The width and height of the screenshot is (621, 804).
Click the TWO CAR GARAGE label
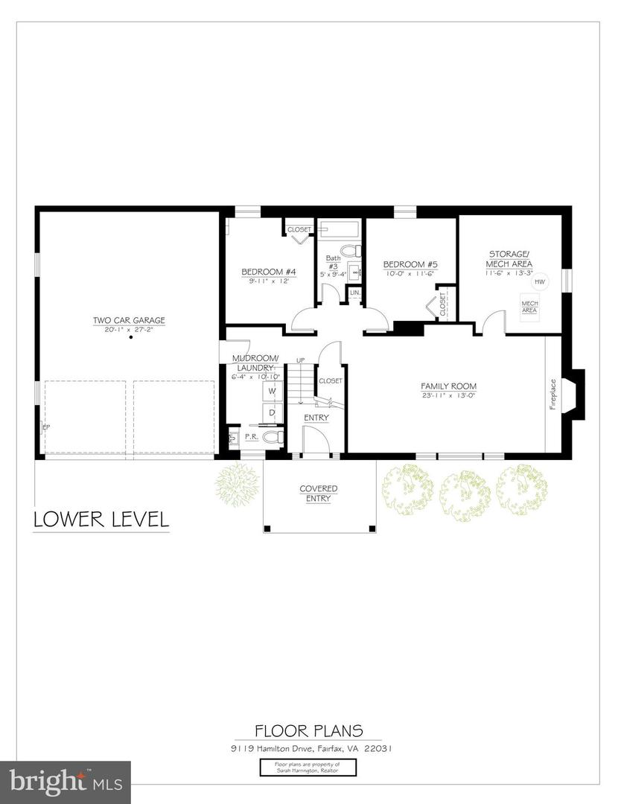[129, 320]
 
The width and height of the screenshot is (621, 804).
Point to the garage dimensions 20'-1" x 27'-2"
[129, 329]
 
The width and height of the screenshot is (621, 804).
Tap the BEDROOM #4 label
[269, 272]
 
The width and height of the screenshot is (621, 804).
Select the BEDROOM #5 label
[410, 264]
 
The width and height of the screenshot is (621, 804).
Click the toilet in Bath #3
[350, 250]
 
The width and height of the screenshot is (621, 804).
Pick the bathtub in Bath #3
[339, 228]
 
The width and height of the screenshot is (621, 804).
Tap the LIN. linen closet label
[355, 293]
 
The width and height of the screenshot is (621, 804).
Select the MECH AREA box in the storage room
[529, 307]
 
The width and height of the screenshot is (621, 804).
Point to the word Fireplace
[552, 395]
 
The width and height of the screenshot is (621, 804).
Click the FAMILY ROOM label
[448, 386]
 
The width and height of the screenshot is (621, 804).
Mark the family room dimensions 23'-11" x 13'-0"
[448, 395]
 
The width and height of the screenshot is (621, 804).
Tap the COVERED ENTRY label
[319, 494]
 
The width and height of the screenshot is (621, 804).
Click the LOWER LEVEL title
[101, 519]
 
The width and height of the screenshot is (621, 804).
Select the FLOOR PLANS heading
[308, 731]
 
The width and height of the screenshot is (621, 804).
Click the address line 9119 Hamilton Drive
[308, 749]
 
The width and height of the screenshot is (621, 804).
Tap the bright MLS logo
[66, 782]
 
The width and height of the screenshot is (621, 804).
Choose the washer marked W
[272, 390]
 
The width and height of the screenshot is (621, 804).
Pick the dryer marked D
[272, 412]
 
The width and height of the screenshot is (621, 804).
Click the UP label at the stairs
[300, 360]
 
